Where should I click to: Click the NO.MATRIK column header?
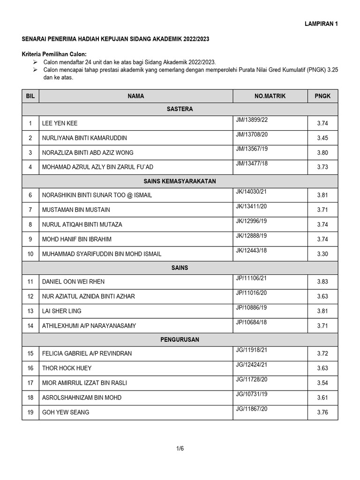click(x=270, y=96)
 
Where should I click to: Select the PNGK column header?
click(x=322, y=96)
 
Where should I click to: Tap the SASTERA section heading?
click(x=180, y=109)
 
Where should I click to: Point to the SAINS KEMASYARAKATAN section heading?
click(x=180, y=181)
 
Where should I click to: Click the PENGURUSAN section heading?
click(x=180, y=339)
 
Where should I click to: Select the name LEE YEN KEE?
click(x=60, y=123)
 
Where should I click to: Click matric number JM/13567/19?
click(x=252, y=149)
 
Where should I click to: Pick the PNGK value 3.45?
click(x=322, y=138)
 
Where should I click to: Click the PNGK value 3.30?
click(x=322, y=254)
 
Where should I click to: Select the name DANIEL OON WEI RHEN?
click(x=73, y=282)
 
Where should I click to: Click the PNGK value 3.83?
click(x=322, y=282)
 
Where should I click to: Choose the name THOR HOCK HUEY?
click(x=67, y=368)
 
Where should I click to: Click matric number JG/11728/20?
click(x=252, y=380)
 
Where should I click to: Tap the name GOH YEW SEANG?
click(x=66, y=412)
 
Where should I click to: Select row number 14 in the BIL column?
click(x=30, y=325)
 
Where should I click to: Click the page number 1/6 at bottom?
click(x=180, y=449)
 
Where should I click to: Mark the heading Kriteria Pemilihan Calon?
click(x=54, y=54)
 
